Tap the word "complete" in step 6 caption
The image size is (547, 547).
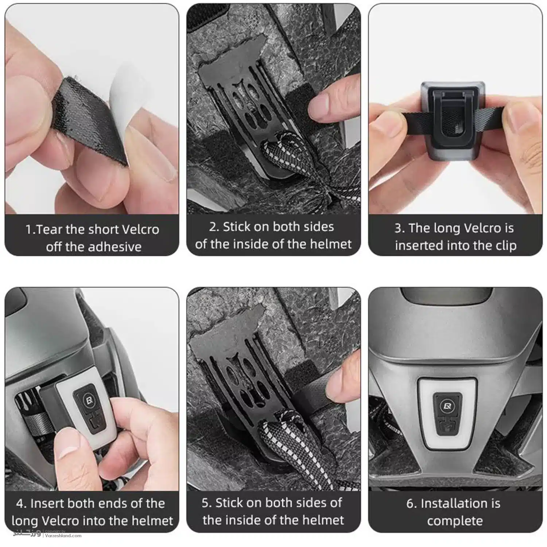click(x=455, y=521)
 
